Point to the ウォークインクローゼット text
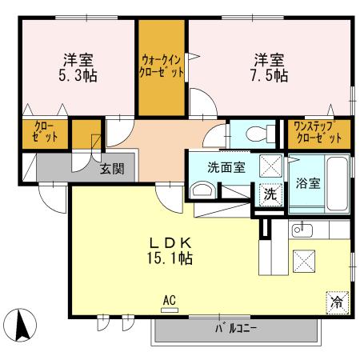(x=162, y=65)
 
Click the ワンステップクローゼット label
(x=318, y=132)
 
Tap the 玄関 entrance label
(x=112, y=169)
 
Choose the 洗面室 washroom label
(x=226, y=168)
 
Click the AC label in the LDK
(x=169, y=301)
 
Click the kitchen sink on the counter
(x=302, y=230)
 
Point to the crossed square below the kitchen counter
(x=303, y=259)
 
